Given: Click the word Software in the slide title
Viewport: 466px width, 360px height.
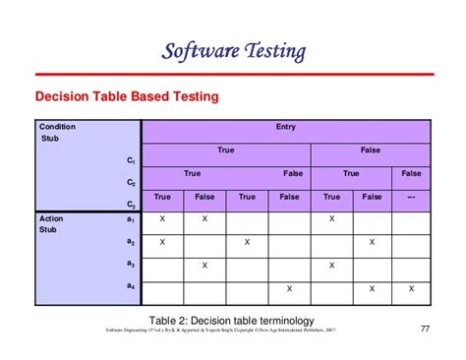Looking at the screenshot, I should [193, 50].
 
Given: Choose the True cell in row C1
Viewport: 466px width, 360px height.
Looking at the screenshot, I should [226, 150].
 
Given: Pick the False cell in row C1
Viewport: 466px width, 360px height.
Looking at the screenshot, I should [370, 150].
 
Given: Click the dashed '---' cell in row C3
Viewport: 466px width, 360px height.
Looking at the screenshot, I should [411, 197].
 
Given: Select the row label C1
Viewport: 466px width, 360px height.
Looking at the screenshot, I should [130, 159].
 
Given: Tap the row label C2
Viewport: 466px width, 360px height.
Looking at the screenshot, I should [130, 182].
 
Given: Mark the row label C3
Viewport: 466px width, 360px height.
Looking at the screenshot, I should [130, 205].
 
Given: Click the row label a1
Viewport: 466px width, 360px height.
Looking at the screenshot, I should [130, 219].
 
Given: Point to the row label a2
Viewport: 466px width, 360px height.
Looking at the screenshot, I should [130, 242].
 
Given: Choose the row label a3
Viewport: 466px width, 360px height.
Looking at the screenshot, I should [130, 264].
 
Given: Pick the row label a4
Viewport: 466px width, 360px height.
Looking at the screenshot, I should [130, 286].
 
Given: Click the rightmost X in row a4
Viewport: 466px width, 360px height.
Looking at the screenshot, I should [411, 288].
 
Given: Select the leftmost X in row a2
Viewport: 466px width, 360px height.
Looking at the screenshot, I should [162, 242].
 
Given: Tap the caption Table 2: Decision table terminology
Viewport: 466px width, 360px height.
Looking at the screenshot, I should [233, 320].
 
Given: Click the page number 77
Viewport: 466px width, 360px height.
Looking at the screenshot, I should [425, 328].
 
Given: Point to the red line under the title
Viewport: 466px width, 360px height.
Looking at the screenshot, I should [233, 73].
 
